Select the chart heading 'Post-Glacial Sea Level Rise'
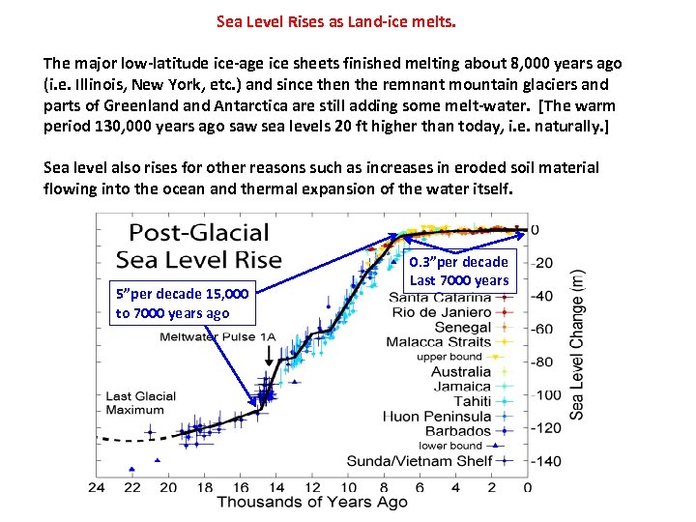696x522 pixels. coord(199,246)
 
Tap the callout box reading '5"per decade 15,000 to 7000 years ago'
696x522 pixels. coord(183,303)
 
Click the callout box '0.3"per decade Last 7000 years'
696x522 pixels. coord(458,271)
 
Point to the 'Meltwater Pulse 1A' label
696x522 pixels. coord(217,337)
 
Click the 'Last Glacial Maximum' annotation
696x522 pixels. coord(141,402)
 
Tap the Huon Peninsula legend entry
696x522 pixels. coord(441,416)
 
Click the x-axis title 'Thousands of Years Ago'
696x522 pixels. coord(312,501)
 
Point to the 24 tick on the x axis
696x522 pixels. coord(97,486)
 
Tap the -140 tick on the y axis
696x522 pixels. coord(546,461)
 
